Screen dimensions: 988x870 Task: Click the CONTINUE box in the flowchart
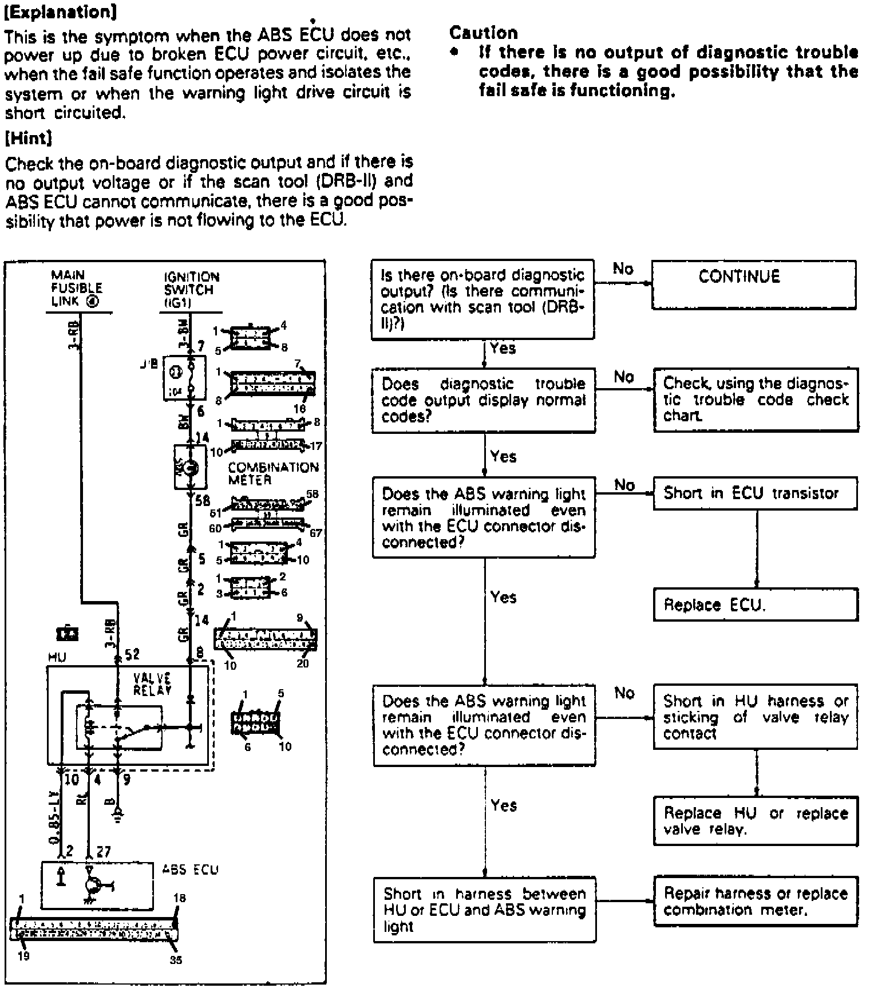pyautogui.click(x=754, y=284)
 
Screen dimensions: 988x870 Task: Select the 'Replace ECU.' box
pyautogui.click(x=756, y=604)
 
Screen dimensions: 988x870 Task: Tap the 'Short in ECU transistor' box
pyautogui.click(x=756, y=493)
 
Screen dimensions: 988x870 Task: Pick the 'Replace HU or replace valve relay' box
pyautogui.click(x=756, y=821)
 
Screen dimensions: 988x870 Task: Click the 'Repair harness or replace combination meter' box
pyautogui.click(x=756, y=901)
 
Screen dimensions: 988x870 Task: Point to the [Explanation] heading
pyautogui.click(x=58, y=12)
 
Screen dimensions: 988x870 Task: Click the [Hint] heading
pyautogui.click(x=29, y=138)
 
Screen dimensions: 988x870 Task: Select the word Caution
pyautogui.click(x=483, y=33)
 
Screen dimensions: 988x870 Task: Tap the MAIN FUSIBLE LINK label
pyautogui.click(x=76, y=289)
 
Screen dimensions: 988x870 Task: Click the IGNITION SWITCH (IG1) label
pyautogui.click(x=191, y=290)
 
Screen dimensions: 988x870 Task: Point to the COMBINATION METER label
pyautogui.click(x=272, y=473)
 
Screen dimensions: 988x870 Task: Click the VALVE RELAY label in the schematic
pyautogui.click(x=152, y=684)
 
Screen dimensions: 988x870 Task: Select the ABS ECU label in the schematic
pyautogui.click(x=190, y=870)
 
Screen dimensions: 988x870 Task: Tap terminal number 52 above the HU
pyautogui.click(x=132, y=654)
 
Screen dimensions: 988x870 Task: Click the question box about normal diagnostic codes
pyautogui.click(x=484, y=400)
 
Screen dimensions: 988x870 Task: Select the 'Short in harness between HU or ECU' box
pyautogui.click(x=484, y=909)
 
